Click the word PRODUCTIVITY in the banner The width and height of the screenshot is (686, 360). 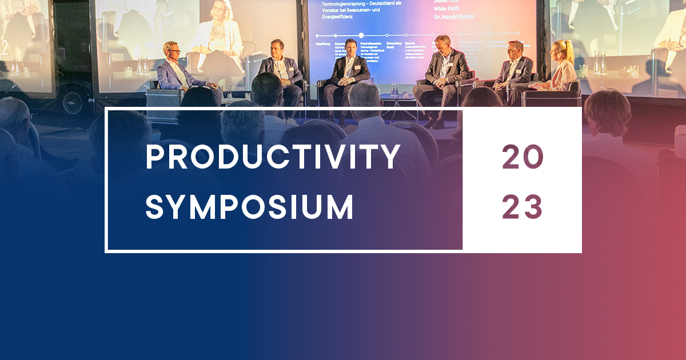coord(273,157)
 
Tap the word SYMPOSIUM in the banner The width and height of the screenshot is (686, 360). coord(249,207)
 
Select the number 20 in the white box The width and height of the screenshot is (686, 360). coord(522,157)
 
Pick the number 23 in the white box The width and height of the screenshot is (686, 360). coord(522,207)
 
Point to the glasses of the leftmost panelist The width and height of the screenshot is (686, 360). coord(174,51)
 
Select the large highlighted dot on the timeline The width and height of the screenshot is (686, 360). coord(361,35)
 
